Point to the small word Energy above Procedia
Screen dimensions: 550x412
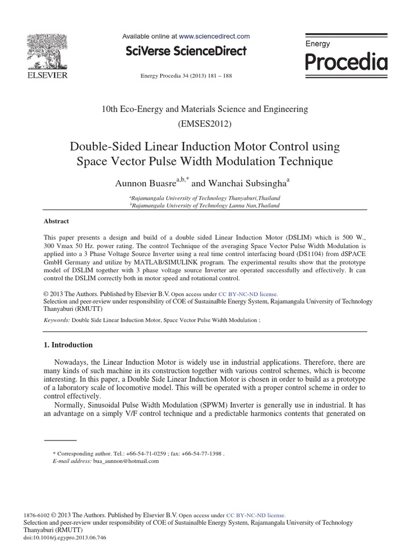[x=318, y=44]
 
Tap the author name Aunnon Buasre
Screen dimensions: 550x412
[x=142, y=183]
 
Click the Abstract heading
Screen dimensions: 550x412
[x=56, y=221]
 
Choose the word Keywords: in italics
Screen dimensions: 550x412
[x=56, y=320]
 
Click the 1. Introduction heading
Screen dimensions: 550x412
[x=68, y=345]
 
